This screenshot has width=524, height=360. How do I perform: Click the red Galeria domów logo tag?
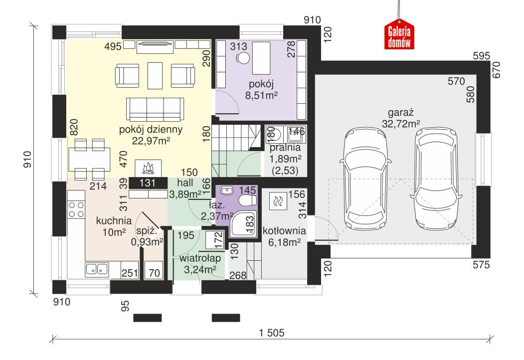(399, 36)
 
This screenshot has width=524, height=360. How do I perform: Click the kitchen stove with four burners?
(76, 209)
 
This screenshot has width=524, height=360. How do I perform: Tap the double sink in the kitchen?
(98, 270)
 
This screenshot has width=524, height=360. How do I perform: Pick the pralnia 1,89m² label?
(285, 153)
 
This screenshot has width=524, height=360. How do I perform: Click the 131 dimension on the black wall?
(147, 183)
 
